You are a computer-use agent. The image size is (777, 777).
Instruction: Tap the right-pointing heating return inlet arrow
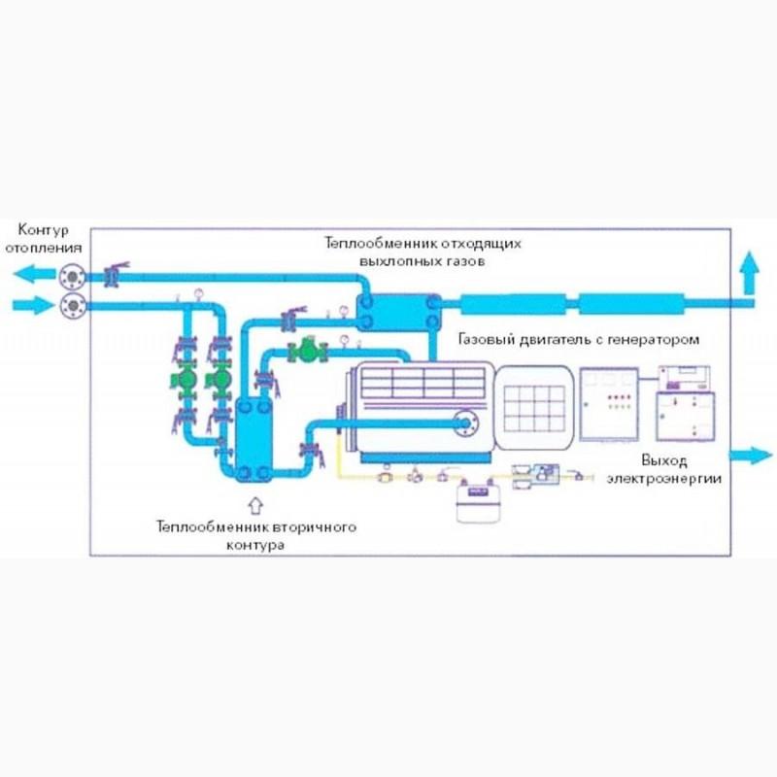[x=29, y=307]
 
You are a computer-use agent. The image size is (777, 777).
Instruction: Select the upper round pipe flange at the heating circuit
[x=71, y=277]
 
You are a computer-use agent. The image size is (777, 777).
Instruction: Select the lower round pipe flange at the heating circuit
[x=71, y=307]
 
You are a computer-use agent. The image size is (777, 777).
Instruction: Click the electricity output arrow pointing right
[x=748, y=454]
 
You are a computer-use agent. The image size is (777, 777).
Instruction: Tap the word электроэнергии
[x=665, y=478]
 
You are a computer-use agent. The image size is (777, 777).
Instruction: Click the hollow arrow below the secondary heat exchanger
[x=256, y=504]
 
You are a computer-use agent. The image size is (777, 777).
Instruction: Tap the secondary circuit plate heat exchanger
[x=253, y=437]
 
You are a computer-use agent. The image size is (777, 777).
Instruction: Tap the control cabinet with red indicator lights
[x=608, y=404]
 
